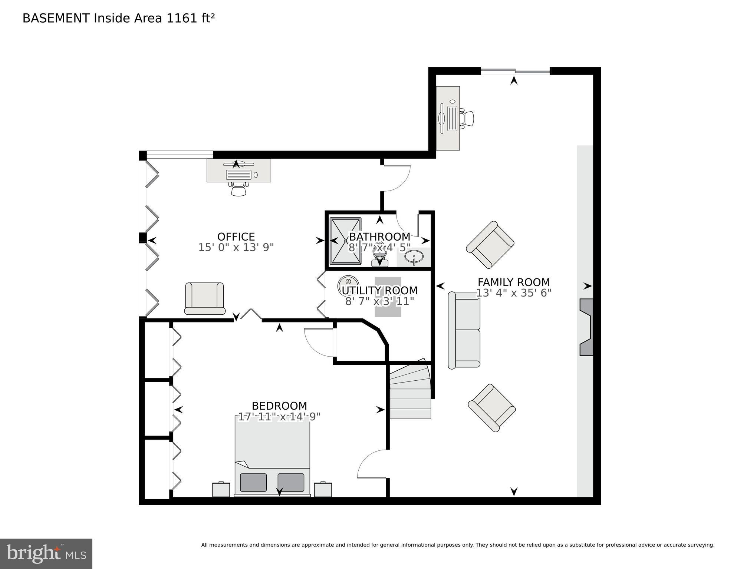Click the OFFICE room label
point(236,237)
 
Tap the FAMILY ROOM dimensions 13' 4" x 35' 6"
point(514,293)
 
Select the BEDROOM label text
point(279,406)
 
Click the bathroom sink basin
point(414,256)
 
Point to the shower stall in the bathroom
point(345,241)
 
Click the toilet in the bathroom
point(379,256)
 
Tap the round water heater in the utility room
point(348,285)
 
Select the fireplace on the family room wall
point(586,327)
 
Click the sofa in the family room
point(464,330)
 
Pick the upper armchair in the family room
point(490,245)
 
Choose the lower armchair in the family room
point(492,407)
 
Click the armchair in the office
point(205,298)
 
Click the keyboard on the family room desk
point(453,118)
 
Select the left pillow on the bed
point(253,482)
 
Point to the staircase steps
point(410,393)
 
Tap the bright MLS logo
point(46,553)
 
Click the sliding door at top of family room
point(515,71)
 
